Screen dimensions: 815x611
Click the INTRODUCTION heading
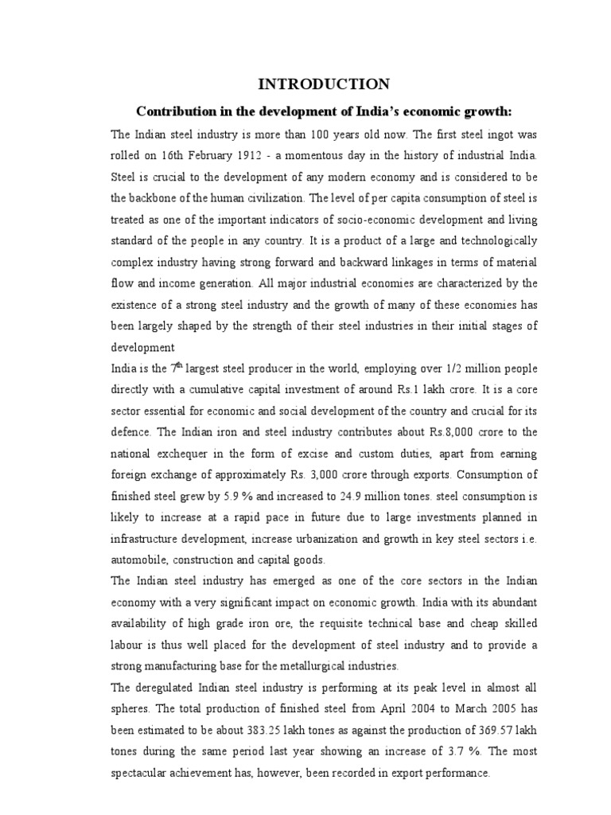321,84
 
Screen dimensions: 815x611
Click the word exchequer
192,454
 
